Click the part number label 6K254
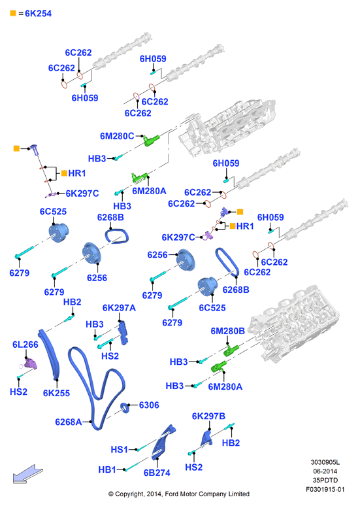[38, 14]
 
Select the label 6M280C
[117, 136]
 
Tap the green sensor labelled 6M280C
[151, 141]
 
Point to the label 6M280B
[227, 331]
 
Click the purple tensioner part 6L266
[30, 364]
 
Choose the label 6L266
[25, 345]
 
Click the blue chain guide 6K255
[50, 355]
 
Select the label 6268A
[69, 422]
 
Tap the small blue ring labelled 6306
[125, 408]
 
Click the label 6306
[149, 405]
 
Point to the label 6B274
[157, 473]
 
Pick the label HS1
[119, 450]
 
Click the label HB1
[107, 470]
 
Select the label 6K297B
[208, 416]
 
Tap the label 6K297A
[119, 308]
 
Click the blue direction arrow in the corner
[27, 474]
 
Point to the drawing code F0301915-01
[325, 490]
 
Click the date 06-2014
[325, 471]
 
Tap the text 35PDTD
[325, 481]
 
